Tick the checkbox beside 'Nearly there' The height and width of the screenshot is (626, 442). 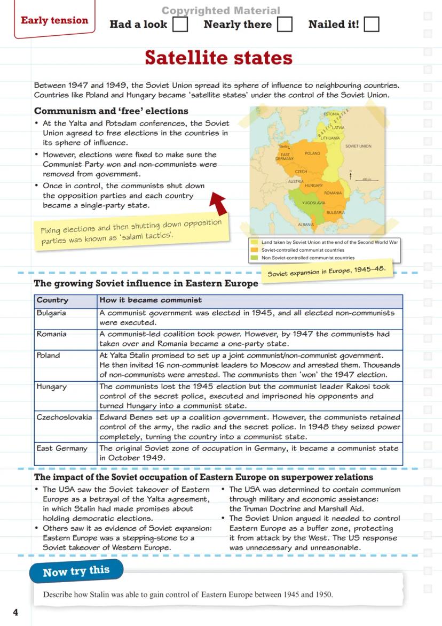point(285,25)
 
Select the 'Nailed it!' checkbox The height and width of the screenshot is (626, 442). point(372,25)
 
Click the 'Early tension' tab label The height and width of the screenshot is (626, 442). point(54,21)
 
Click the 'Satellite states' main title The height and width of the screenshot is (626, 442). point(219,57)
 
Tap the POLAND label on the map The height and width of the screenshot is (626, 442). point(312,153)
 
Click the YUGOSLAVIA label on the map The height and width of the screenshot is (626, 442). point(313,203)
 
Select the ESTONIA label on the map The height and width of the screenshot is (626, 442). point(331,114)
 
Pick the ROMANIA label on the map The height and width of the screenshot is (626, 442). point(333,192)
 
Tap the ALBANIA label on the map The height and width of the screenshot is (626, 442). point(306,225)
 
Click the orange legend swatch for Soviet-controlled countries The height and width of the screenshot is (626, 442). point(255,250)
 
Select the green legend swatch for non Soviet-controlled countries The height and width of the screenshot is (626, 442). point(255,258)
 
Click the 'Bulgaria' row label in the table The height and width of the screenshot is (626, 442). point(51,313)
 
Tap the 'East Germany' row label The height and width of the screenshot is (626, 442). point(61,449)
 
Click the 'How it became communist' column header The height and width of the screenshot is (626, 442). point(151,300)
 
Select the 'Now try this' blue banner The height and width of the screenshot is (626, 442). point(76,571)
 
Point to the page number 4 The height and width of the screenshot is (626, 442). point(15,612)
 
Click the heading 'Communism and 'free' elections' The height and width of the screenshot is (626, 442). point(111,111)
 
